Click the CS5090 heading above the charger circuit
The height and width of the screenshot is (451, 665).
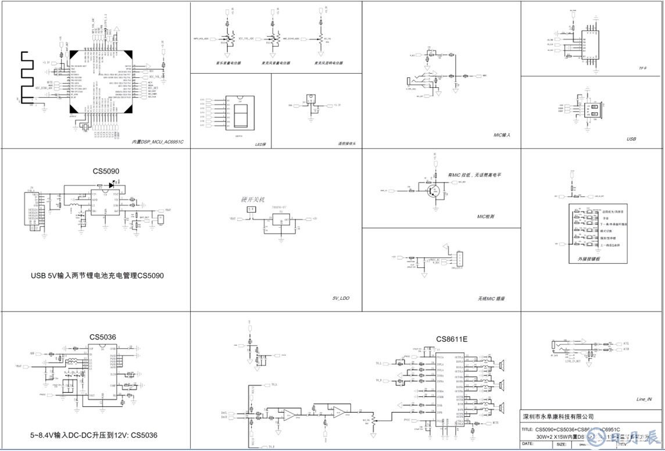106,171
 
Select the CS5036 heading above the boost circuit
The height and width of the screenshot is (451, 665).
103,337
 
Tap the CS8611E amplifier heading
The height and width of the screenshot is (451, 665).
452,339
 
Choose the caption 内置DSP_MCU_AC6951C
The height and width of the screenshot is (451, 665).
158,142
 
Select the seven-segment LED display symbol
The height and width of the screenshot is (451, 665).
242,110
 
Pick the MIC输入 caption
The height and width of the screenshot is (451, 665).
501,135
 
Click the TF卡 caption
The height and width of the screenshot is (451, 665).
643,68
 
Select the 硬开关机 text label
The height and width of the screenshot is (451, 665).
252,199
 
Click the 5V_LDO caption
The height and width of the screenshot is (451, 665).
341,298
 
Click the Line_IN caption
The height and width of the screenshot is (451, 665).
644,399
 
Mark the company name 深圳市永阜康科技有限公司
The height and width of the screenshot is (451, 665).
558,417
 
